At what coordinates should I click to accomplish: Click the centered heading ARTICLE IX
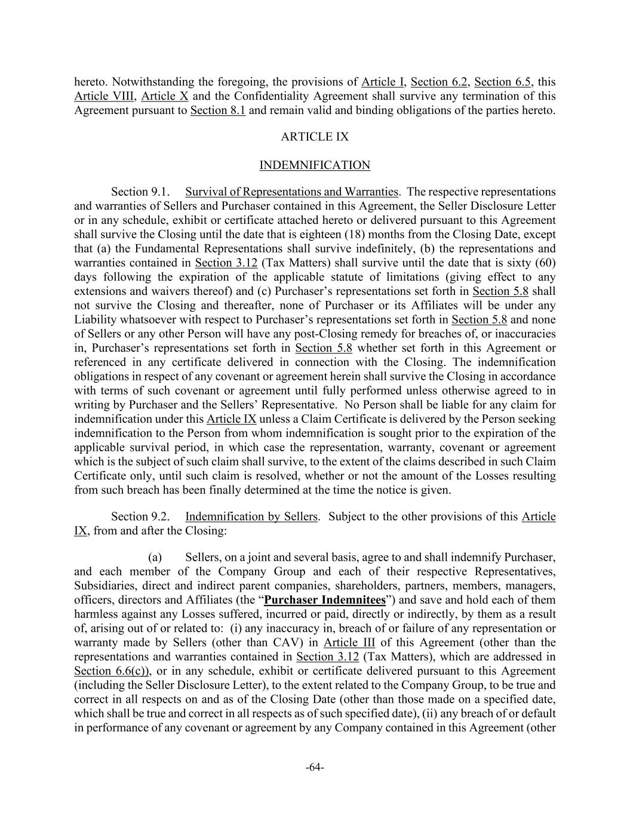point(315,137)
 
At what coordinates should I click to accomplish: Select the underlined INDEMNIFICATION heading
point(315,165)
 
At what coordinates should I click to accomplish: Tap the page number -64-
point(315,767)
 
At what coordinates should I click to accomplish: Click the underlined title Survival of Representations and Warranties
point(291,192)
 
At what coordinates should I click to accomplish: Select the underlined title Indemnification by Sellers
point(251,516)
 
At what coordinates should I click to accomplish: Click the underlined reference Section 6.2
point(439,82)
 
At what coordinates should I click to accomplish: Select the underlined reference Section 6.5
point(502,82)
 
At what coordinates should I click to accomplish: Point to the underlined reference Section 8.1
point(217,110)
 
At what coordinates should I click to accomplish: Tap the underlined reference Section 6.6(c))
point(112,671)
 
